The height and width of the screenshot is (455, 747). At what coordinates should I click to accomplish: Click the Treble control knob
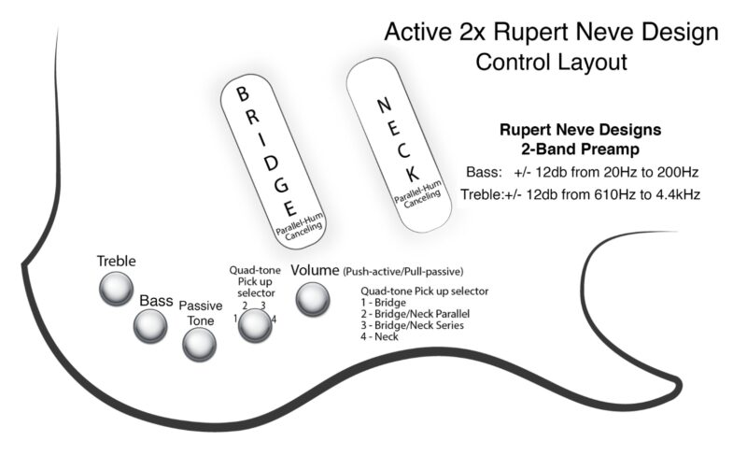pyautogui.click(x=116, y=291)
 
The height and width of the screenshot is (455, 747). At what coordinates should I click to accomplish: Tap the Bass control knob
pyautogui.click(x=150, y=325)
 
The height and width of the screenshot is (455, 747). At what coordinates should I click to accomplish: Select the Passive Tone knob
pyautogui.click(x=199, y=345)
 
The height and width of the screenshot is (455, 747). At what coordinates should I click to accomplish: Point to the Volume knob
pyautogui.click(x=313, y=299)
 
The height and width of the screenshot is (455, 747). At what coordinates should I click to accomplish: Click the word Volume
pyautogui.click(x=316, y=270)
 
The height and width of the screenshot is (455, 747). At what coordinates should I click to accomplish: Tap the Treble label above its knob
pyautogui.click(x=117, y=261)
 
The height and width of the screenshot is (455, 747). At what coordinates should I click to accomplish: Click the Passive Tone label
pyautogui.click(x=199, y=313)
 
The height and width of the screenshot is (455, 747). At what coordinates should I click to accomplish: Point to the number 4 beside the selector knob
pyautogui.click(x=274, y=319)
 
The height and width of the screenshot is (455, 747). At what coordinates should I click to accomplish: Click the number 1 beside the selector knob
pyautogui.click(x=236, y=319)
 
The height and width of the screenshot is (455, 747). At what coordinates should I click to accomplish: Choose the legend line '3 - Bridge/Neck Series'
pyautogui.click(x=412, y=325)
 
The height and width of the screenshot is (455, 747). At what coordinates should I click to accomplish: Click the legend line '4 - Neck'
pyautogui.click(x=380, y=336)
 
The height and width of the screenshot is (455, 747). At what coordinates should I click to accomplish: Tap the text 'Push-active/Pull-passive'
pyautogui.click(x=402, y=271)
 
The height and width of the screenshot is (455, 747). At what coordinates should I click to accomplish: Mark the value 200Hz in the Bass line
pyautogui.click(x=675, y=172)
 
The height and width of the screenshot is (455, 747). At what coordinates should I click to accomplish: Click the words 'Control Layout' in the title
pyautogui.click(x=551, y=63)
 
